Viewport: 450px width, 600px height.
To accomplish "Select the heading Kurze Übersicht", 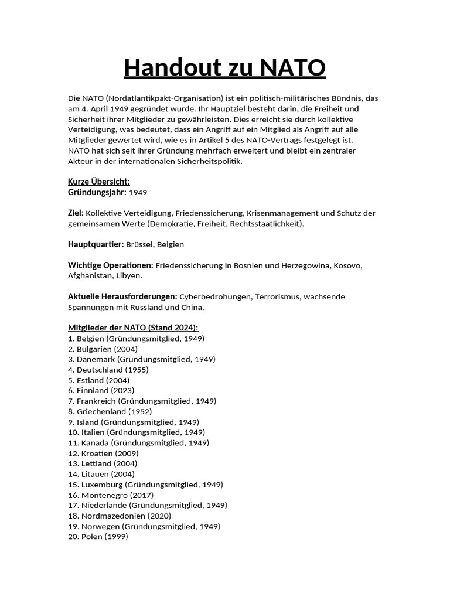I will pyautogui.click(x=99, y=182).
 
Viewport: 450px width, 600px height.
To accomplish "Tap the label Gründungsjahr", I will pyautogui.click(x=97, y=192).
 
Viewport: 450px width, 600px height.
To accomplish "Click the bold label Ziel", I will pyautogui.click(x=76, y=213).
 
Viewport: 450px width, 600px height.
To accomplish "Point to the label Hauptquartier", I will pyautogui.click(x=96, y=244).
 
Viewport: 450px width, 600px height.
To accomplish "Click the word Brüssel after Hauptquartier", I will pyautogui.click(x=139, y=244).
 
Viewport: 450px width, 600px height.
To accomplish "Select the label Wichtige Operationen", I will pyautogui.click(x=111, y=265).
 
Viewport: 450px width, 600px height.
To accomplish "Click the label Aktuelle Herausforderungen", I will pyautogui.click(x=122, y=296).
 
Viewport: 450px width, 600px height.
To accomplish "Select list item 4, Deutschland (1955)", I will pyautogui.click(x=108, y=370).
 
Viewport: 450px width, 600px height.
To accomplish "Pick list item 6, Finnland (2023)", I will pyautogui.click(x=101, y=390).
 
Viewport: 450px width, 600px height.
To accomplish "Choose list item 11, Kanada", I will pyautogui.click(x=138, y=443).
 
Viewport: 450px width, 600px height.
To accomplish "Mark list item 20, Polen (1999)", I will pyautogui.click(x=98, y=537).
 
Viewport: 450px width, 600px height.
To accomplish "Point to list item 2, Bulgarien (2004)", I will pyautogui.click(x=103, y=349).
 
